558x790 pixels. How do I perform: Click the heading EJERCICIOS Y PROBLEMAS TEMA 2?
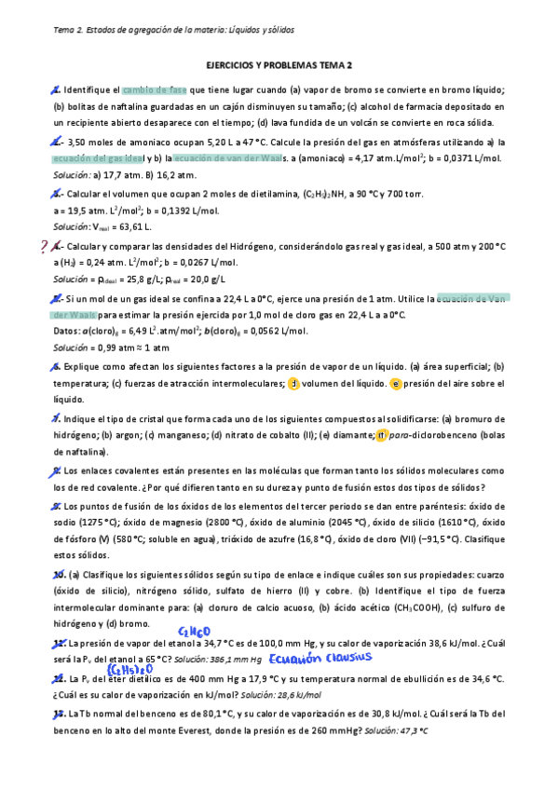tap(279, 65)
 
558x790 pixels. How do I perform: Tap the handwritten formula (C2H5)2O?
tap(123, 670)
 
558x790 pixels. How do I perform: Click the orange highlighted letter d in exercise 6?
tap(267, 383)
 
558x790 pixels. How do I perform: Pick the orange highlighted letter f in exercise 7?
tap(382, 434)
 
